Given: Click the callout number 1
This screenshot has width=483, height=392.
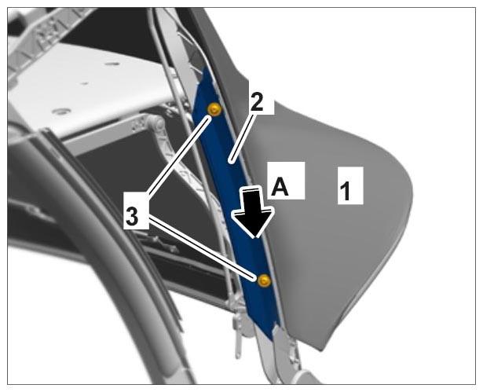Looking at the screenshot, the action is [346, 191].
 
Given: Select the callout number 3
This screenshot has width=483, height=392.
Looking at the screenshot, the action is [132, 217].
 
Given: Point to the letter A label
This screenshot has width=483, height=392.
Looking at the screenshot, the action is [280, 187].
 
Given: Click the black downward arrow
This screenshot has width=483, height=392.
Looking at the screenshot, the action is [253, 212].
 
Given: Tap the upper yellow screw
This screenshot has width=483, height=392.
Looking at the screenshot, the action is [214, 109].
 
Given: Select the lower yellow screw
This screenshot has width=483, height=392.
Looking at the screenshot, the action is [264, 280].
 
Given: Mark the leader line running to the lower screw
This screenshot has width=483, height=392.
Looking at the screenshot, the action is [202, 248].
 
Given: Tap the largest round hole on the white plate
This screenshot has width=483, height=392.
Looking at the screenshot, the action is [61, 111].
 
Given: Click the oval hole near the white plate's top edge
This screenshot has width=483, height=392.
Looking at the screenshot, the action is [112, 64].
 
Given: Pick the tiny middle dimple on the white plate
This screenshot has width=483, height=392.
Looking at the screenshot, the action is [84, 83].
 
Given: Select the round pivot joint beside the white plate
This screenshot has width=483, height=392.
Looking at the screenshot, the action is [156, 124].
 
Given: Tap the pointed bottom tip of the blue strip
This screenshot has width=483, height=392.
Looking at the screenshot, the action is [271, 339].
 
